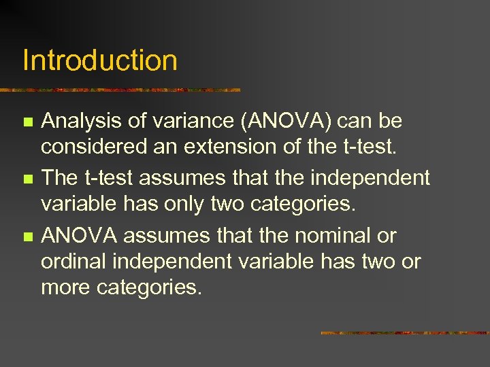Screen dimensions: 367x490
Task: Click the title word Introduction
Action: (x=100, y=60)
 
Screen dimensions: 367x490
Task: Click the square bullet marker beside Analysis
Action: (x=27, y=122)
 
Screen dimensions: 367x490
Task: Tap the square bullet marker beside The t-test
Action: (x=27, y=179)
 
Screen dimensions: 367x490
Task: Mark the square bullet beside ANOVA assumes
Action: (x=27, y=237)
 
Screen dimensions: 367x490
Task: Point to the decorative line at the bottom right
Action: (x=404, y=333)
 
